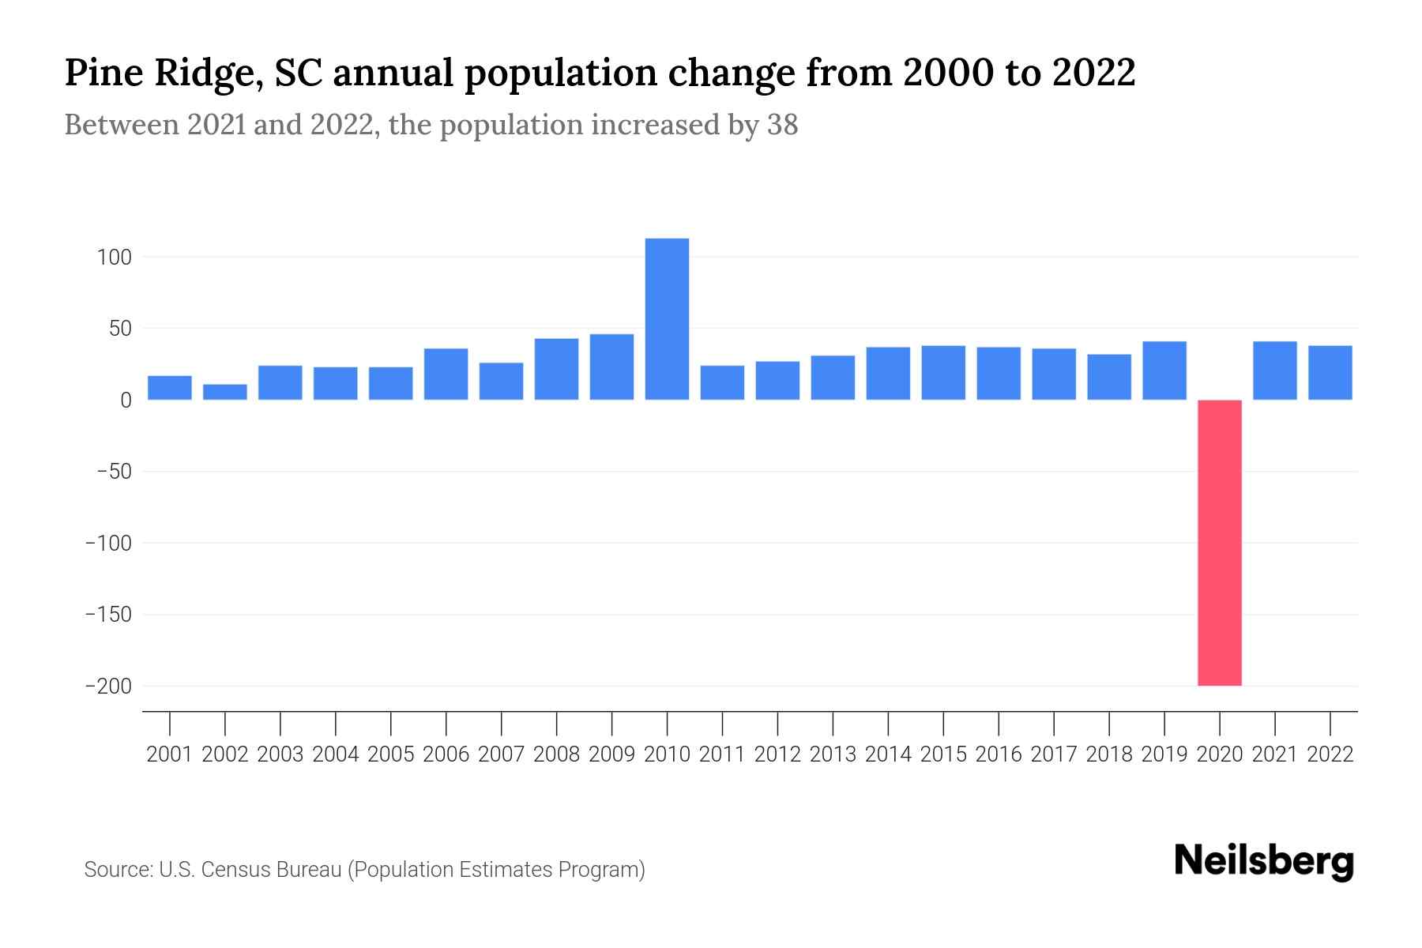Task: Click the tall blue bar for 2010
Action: click(667, 319)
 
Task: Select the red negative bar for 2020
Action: click(1219, 543)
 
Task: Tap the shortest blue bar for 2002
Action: click(225, 392)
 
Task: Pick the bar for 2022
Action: click(1330, 373)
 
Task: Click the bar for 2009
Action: click(611, 367)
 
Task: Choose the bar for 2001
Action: click(170, 388)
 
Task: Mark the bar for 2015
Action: click(943, 373)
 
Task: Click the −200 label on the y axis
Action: click(108, 687)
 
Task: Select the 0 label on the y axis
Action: click(125, 401)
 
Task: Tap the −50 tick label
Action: click(113, 472)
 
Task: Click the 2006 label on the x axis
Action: click(446, 754)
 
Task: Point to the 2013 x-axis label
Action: click(833, 754)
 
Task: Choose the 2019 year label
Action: click(1164, 754)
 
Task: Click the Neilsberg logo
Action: click(1264, 861)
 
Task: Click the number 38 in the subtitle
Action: click(782, 125)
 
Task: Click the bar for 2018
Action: click(1108, 377)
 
